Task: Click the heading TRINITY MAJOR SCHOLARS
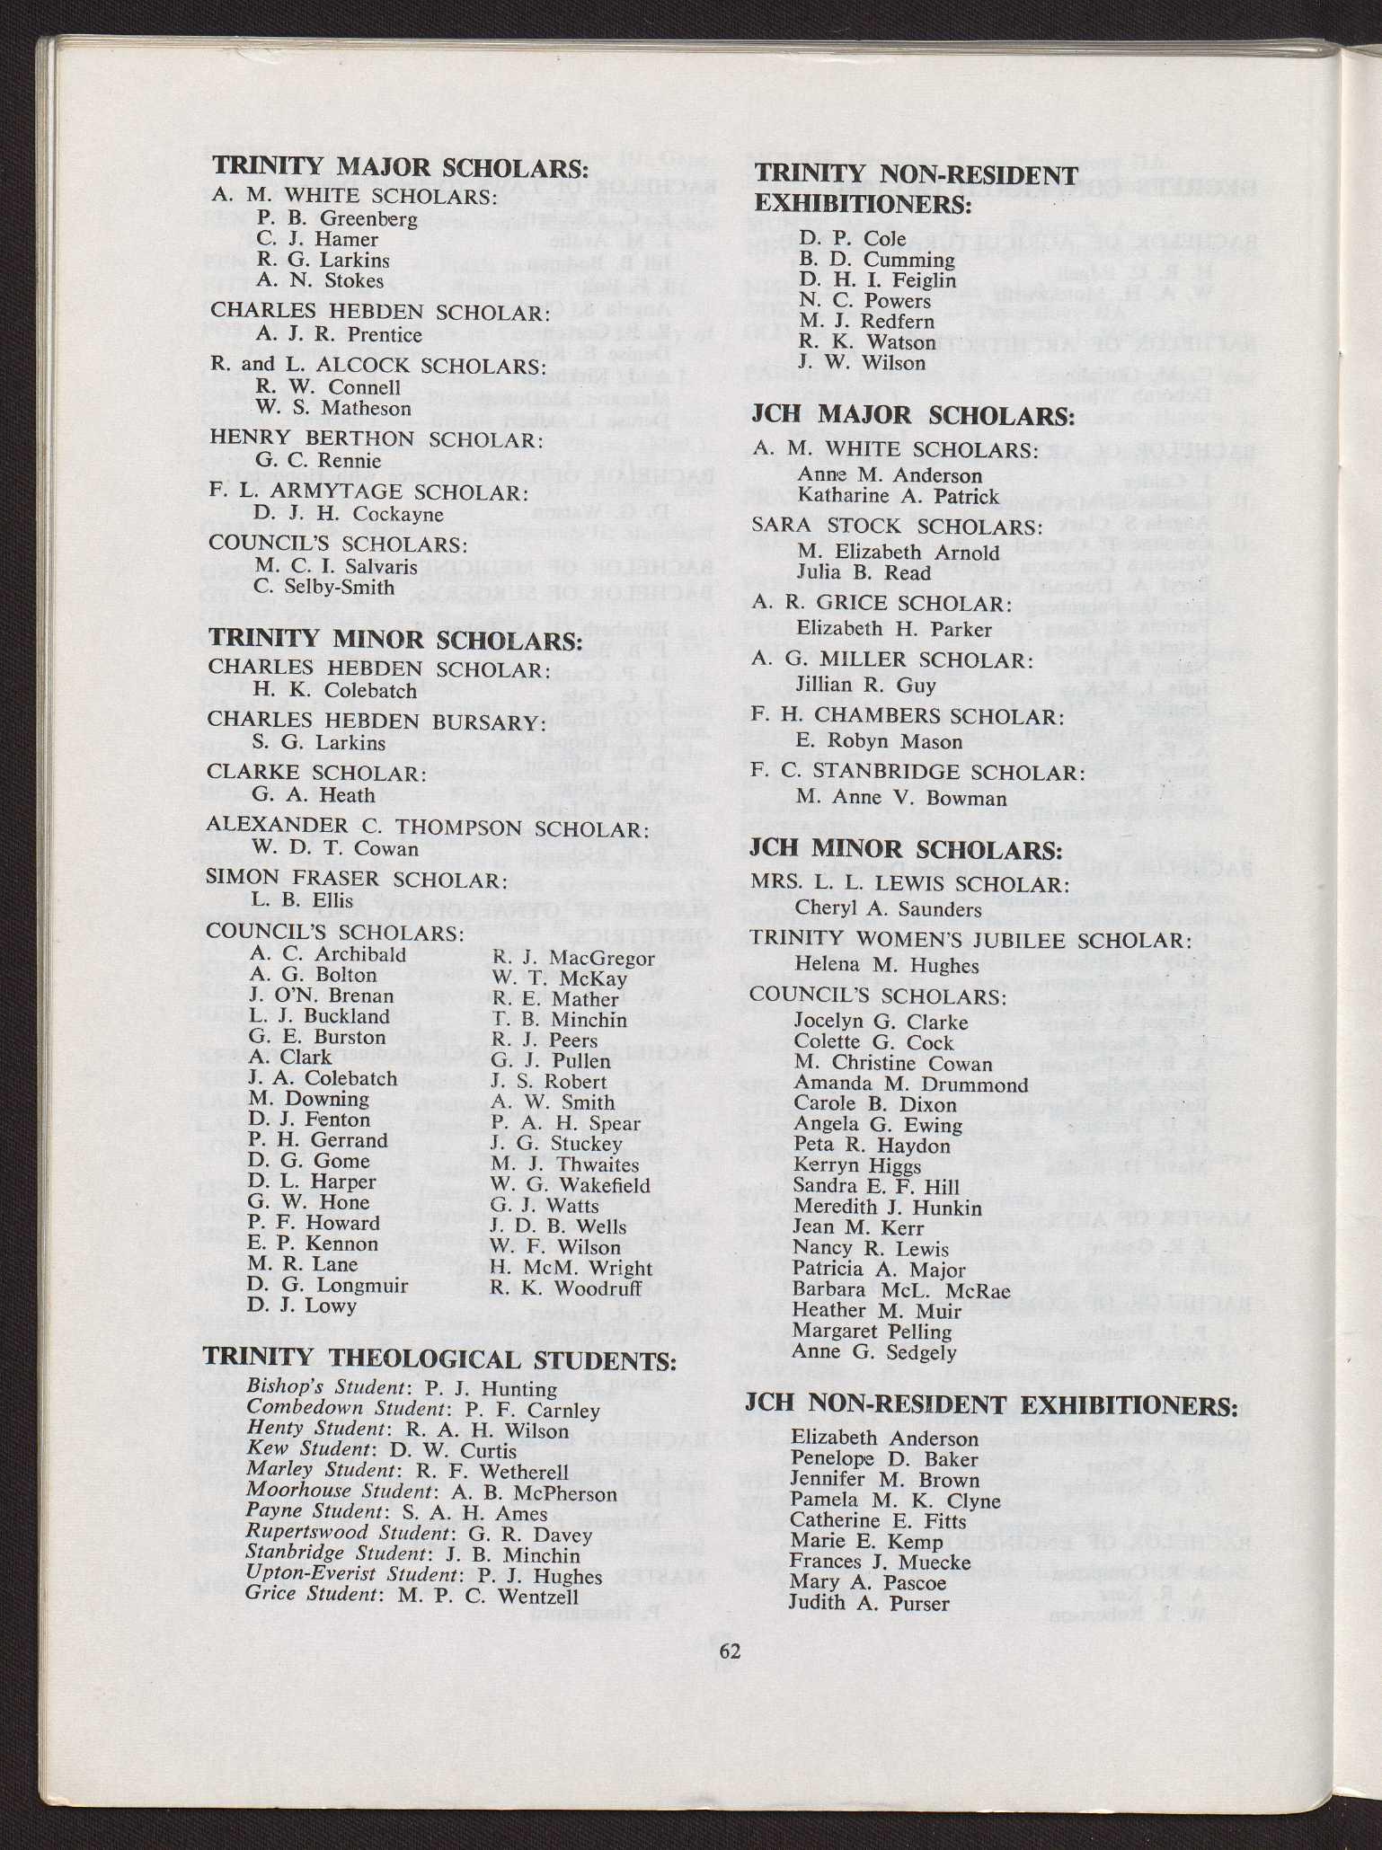(x=400, y=168)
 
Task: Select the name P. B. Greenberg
(x=337, y=217)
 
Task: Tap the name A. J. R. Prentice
(x=339, y=335)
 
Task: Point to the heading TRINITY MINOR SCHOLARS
(x=395, y=641)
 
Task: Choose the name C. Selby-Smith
(x=324, y=588)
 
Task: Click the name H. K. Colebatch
(x=335, y=691)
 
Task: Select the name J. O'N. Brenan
(x=321, y=996)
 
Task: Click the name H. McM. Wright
(x=571, y=1268)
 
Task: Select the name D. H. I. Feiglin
(x=878, y=280)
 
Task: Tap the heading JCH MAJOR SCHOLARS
(x=913, y=416)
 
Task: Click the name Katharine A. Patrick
(x=898, y=496)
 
